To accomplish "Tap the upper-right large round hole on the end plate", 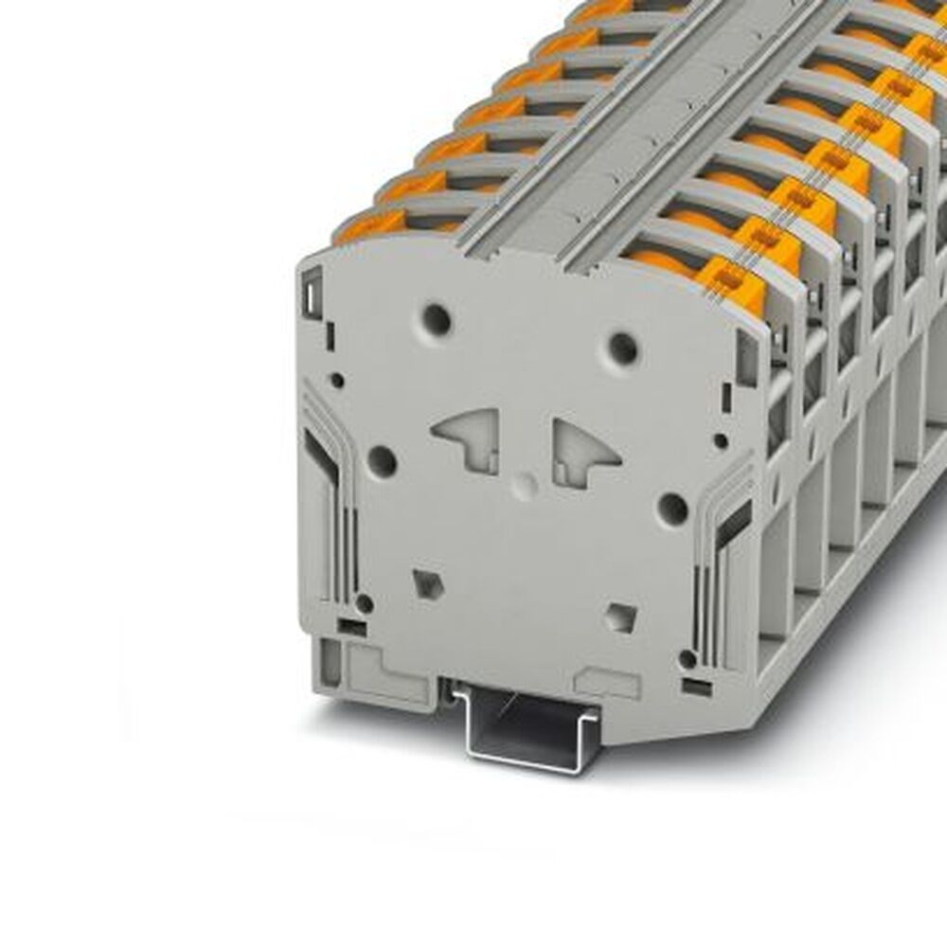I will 622,348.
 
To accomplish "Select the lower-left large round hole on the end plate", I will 382,462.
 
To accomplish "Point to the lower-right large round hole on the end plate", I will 672,509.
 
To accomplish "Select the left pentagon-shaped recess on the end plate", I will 428,581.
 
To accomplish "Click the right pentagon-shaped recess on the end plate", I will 621,617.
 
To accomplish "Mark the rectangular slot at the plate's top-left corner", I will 311,297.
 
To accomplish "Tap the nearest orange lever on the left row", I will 370,226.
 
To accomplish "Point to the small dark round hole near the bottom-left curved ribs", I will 364,603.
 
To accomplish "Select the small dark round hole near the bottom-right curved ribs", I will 688,658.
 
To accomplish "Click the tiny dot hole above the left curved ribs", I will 337,380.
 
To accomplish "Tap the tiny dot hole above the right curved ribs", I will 721,440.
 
